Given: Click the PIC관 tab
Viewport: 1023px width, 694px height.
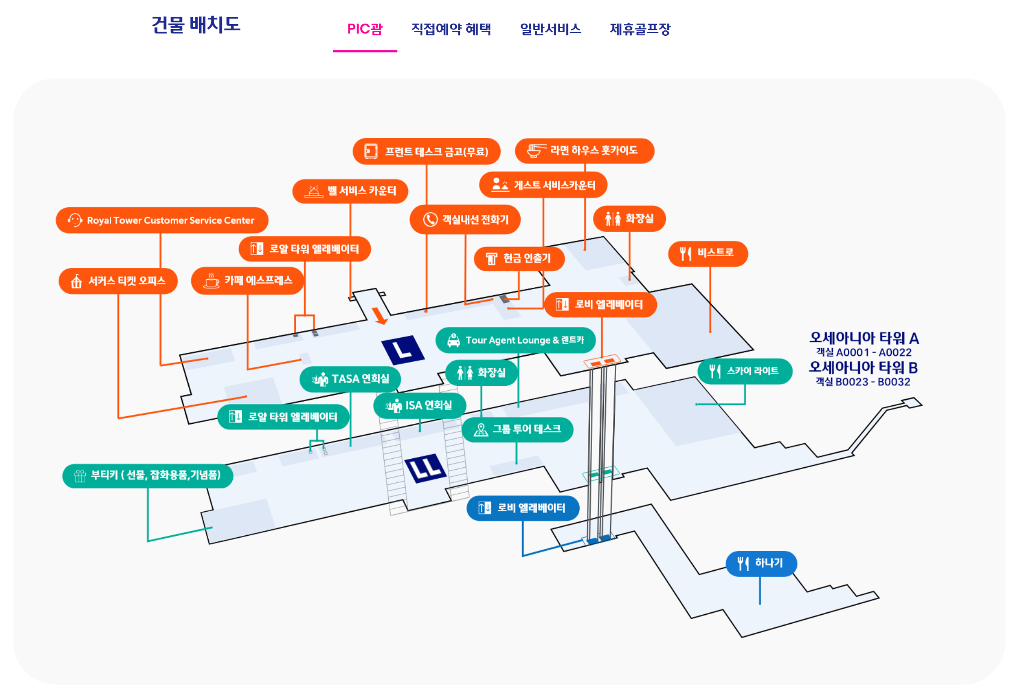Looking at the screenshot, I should [x=365, y=29].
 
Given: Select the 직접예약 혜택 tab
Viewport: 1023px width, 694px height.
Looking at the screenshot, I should [x=451, y=29].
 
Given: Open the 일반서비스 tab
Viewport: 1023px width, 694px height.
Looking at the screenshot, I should [x=550, y=29].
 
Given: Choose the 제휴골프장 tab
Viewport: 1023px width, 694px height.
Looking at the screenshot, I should [x=640, y=29].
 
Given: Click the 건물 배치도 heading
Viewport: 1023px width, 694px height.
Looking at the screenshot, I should [x=196, y=24].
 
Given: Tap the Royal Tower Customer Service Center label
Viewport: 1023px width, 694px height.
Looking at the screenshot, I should [x=162, y=220].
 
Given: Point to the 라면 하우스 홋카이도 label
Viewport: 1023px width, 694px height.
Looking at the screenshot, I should [x=584, y=150].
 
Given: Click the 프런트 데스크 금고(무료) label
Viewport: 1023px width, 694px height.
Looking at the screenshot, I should [x=426, y=151].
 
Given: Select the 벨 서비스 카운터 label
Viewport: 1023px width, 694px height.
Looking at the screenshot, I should [x=350, y=191].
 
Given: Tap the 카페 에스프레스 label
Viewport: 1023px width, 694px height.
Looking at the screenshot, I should [x=247, y=281].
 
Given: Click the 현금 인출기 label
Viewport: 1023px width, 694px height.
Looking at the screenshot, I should [x=519, y=258].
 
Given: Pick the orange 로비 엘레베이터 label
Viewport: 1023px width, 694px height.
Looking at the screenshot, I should [x=600, y=304].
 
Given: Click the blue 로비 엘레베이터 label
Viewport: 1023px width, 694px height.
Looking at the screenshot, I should [x=523, y=508].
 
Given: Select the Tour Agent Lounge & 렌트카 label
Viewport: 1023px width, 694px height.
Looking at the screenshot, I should [x=515, y=340].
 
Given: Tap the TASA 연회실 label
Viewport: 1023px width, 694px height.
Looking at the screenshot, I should [x=350, y=379].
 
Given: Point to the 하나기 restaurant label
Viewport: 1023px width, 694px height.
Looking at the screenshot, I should [x=761, y=563].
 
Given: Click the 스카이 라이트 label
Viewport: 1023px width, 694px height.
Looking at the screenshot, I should [x=744, y=371].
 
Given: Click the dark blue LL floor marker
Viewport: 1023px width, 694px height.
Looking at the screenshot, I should [x=425, y=468].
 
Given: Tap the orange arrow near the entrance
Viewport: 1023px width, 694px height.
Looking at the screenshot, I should [x=379, y=315].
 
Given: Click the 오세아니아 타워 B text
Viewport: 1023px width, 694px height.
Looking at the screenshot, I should [x=863, y=367].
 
